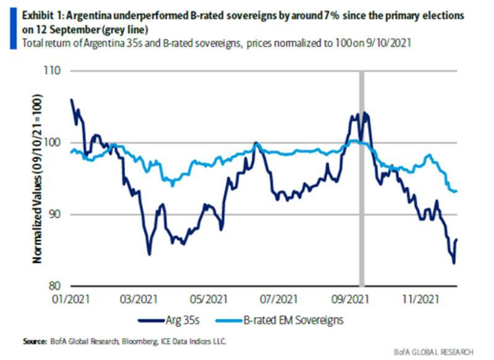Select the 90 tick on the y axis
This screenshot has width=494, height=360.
(x=60, y=215)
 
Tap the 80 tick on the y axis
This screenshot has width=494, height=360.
(x=60, y=286)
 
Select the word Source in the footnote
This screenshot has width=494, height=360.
(x=35, y=341)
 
